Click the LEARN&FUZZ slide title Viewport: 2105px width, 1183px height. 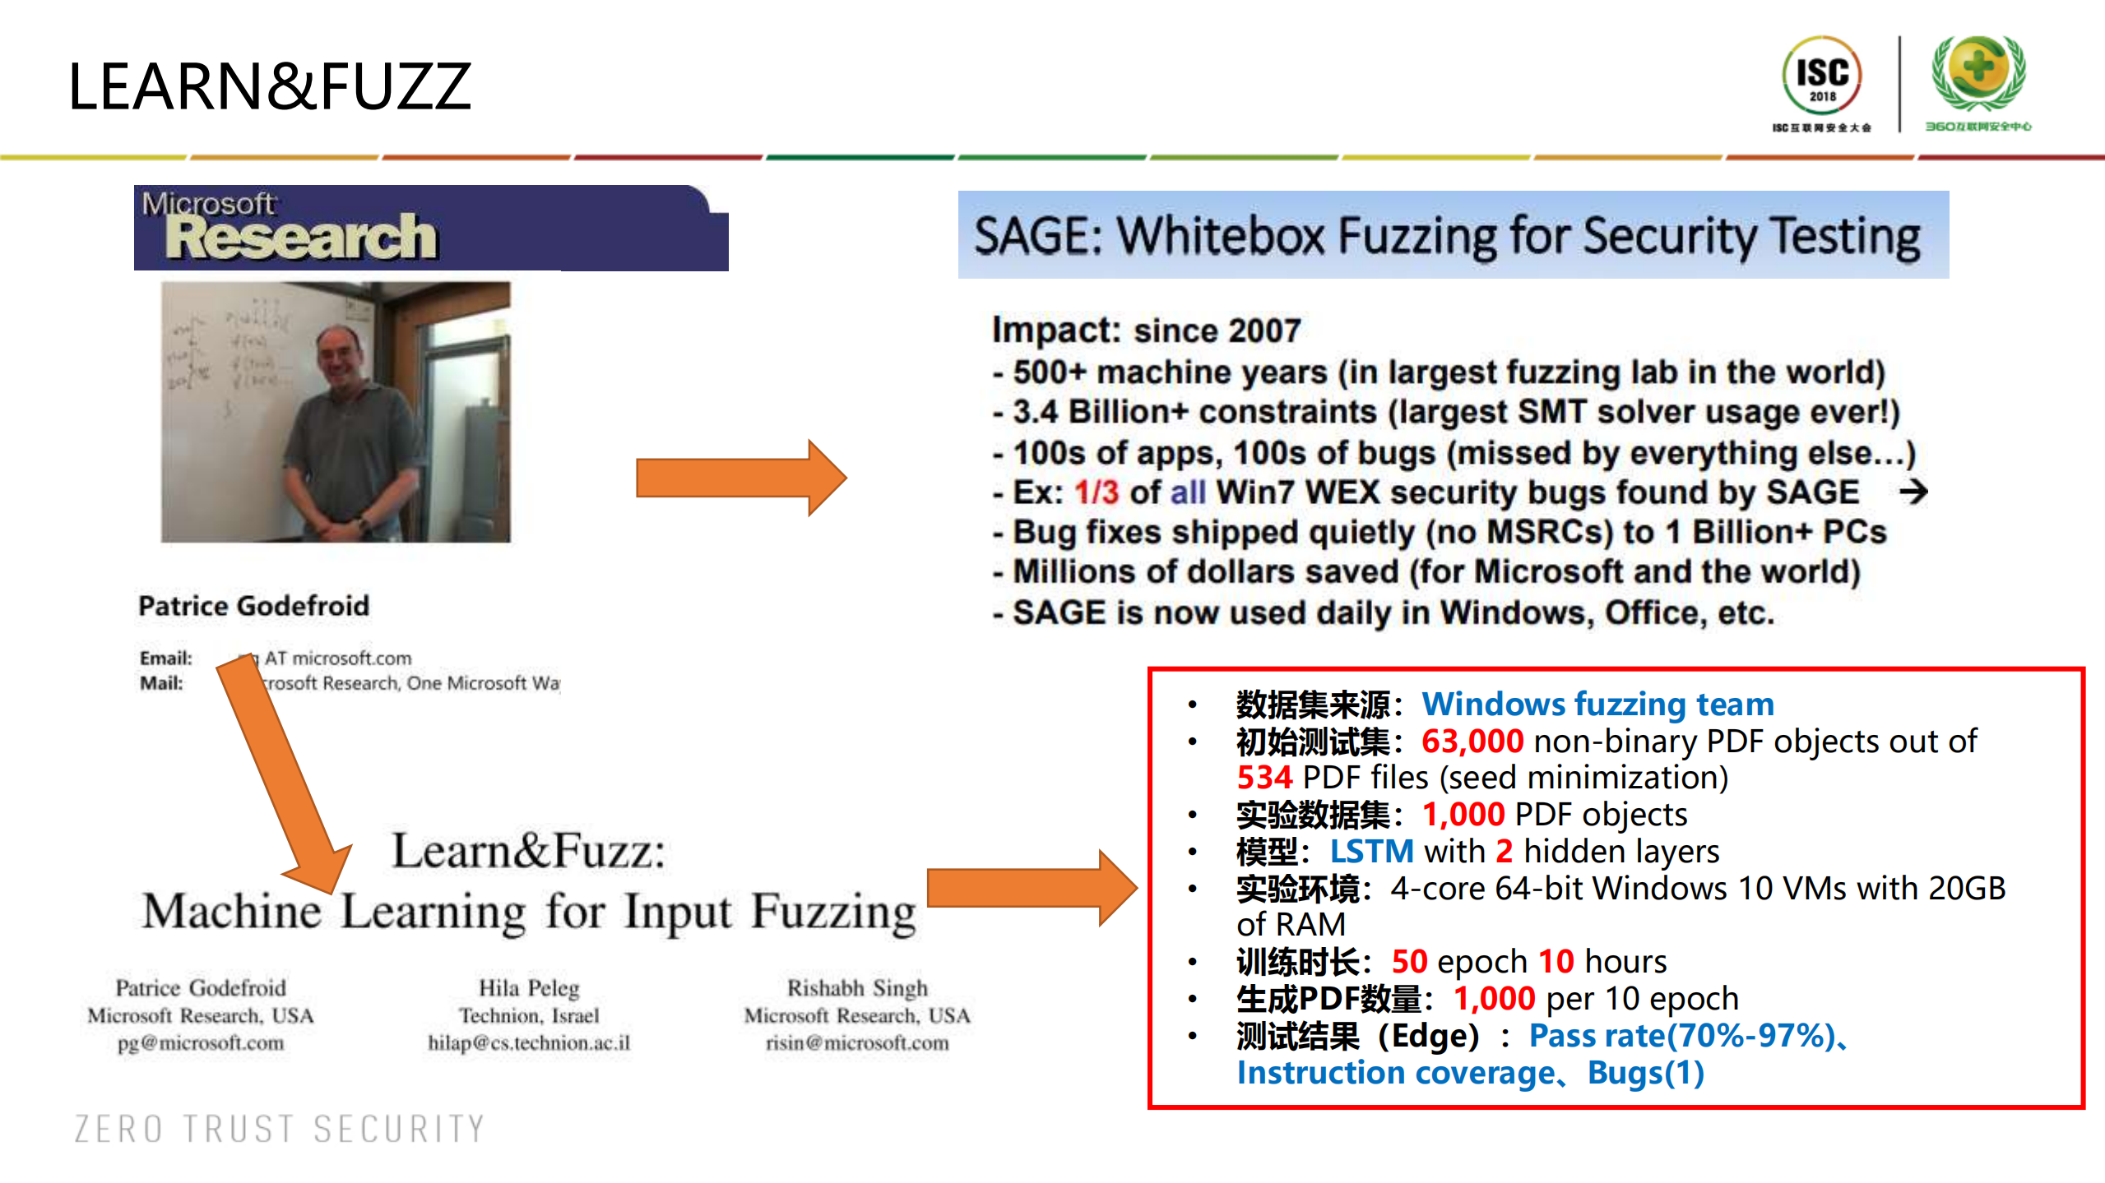pyautogui.click(x=270, y=86)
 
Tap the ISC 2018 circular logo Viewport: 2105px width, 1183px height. pyautogui.click(x=1821, y=76)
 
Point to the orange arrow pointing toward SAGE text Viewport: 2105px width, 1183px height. pyautogui.click(x=740, y=478)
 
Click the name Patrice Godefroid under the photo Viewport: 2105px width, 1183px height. pyautogui.click(x=253, y=606)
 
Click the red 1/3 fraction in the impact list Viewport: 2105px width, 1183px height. pyautogui.click(x=1097, y=492)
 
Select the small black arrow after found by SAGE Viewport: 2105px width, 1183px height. pyautogui.click(x=1913, y=492)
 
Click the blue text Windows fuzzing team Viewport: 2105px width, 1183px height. pyautogui.click(x=1597, y=705)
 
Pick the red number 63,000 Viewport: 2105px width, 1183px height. pyautogui.click(x=1472, y=742)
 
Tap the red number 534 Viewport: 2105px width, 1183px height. pyautogui.click(x=1265, y=778)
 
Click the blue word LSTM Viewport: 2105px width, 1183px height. pyautogui.click(x=1371, y=852)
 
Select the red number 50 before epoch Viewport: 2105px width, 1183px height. pyautogui.click(x=1409, y=962)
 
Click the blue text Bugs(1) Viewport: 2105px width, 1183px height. pyautogui.click(x=1645, y=1073)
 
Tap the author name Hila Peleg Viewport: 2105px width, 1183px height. pyautogui.click(x=529, y=987)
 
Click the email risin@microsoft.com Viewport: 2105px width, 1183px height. pyautogui.click(x=857, y=1043)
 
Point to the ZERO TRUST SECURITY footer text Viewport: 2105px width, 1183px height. pyautogui.click(x=280, y=1129)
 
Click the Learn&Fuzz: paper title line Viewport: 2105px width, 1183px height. pyautogui.click(x=529, y=851)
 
